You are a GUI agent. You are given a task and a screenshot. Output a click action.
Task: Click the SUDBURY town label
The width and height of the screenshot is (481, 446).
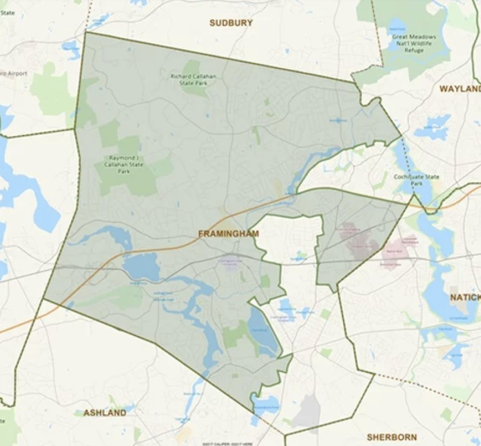tap(231, 23)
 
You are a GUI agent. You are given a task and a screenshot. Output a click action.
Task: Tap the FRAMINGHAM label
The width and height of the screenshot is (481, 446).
tap(228, 234)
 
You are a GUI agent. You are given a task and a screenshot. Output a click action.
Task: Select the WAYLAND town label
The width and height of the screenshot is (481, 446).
tap(460, 88)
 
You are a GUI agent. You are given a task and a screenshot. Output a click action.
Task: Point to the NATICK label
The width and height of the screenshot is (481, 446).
tap(465, 297)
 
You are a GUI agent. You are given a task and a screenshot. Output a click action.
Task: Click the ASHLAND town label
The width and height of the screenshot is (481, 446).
tap(105, 413)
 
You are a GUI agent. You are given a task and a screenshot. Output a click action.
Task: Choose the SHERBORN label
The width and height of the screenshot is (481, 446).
tap(392, 437)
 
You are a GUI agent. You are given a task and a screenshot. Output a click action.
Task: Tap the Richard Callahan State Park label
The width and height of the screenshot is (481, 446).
tap(193, 79)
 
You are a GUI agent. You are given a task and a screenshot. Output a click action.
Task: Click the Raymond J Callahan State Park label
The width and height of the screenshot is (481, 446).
tap(124, 164)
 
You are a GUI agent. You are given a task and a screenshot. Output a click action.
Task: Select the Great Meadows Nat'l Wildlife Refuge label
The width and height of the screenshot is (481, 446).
tap(414, 43)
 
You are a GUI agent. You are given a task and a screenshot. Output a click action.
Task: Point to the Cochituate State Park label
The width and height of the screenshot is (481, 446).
tap(416, 180)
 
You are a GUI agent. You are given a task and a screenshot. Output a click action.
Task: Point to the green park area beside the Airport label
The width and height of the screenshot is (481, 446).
tap(52, 92)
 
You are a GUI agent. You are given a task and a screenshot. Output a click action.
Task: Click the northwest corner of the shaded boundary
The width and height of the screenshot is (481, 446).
tap(86, 32)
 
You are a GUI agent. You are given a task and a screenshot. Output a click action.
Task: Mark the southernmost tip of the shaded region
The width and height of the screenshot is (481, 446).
tap(254, 413)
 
